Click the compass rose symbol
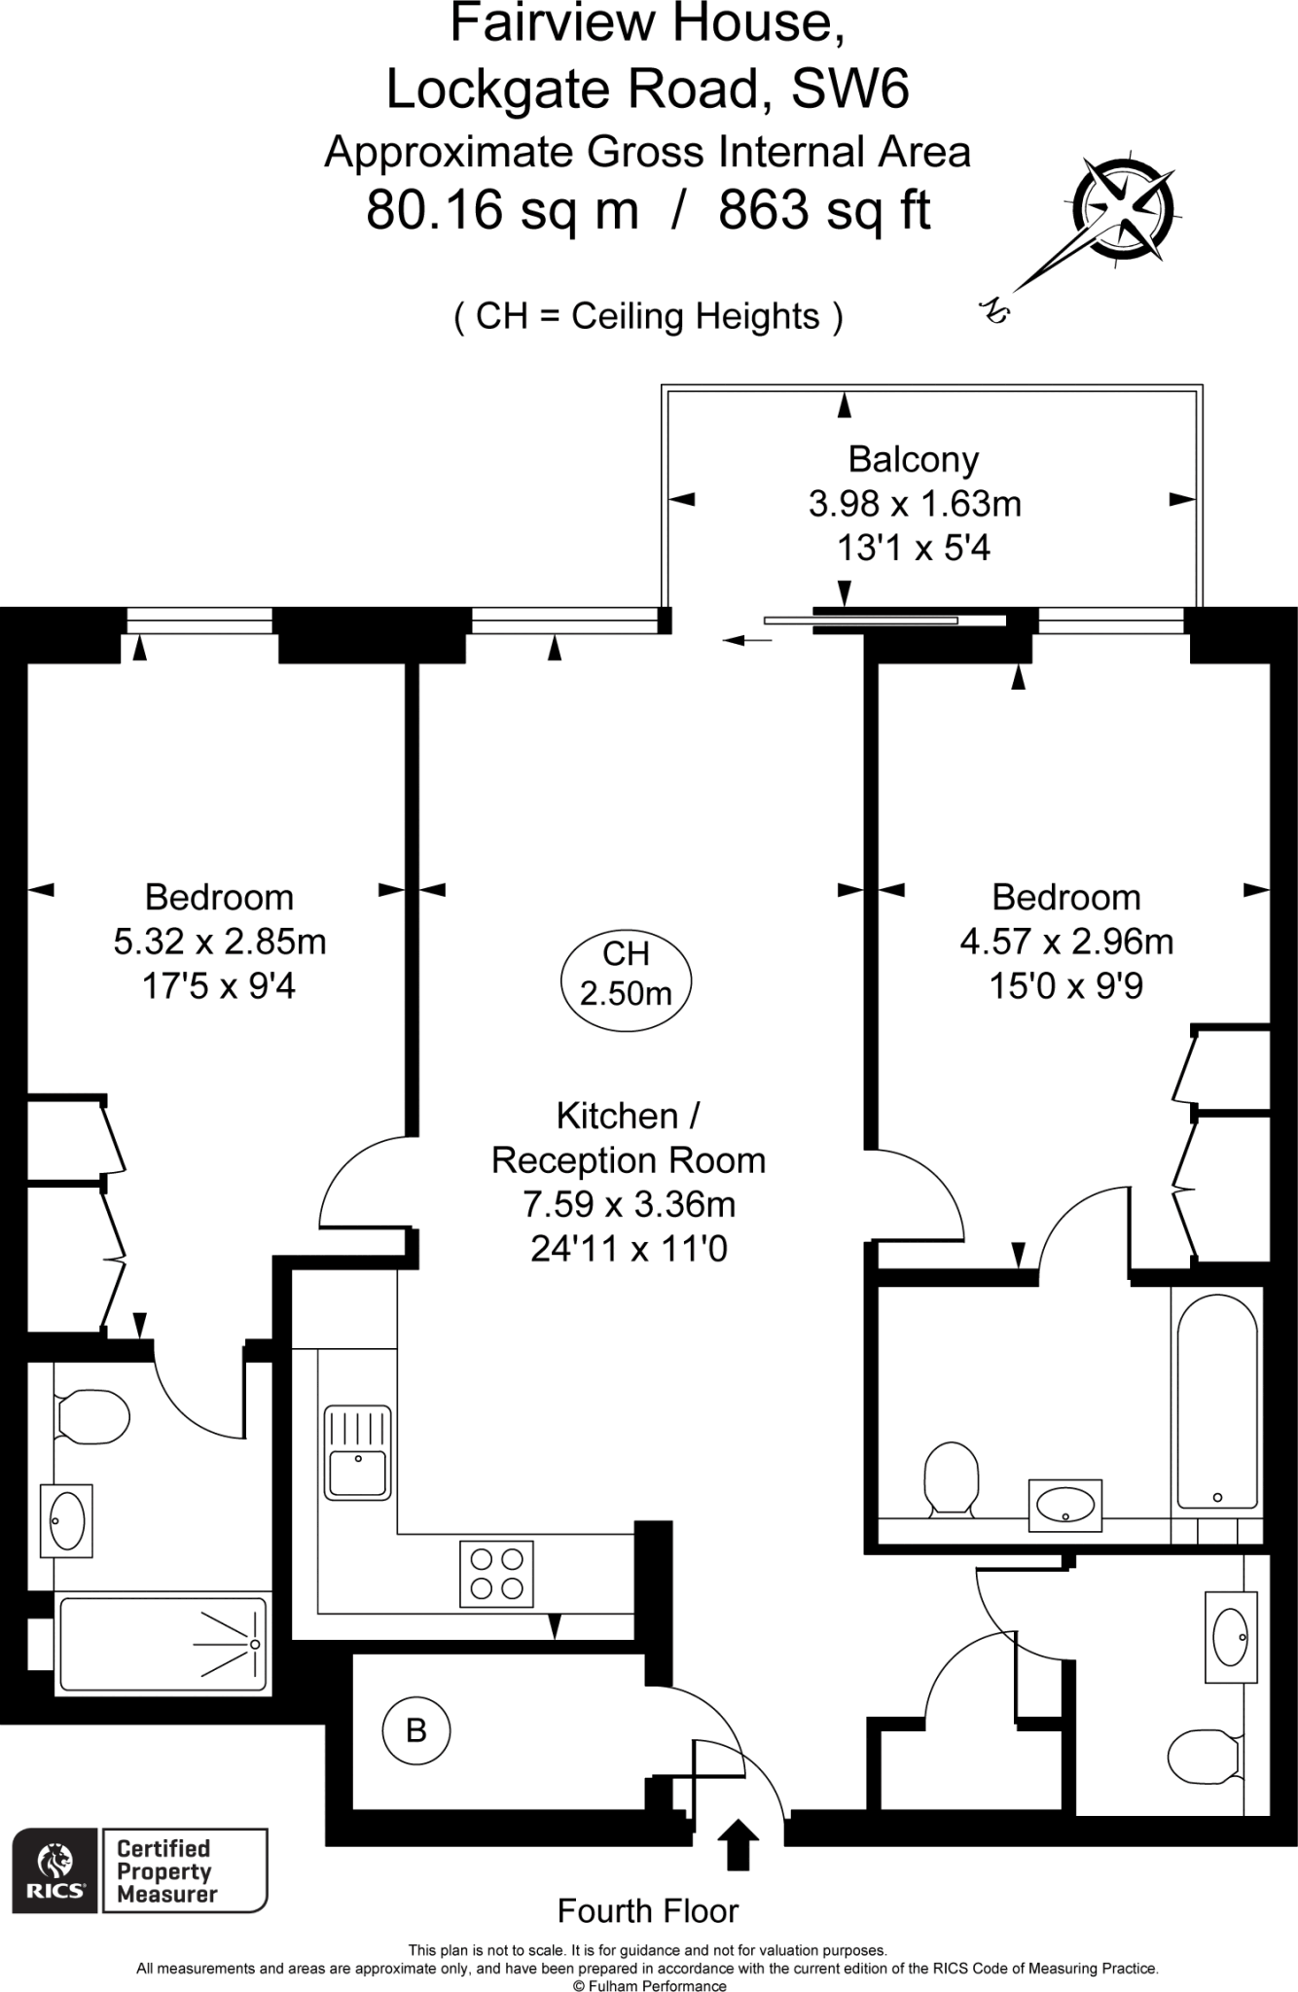(x=1125, y=208)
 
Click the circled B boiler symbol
(x=415, y=1730)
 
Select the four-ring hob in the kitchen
(x=496, y=1575)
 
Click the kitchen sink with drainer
(x=357, y=1452)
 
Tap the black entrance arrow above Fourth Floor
(x=738, y=1843)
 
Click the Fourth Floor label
(x=648, y=1910)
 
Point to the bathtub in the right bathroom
(x=1216, y=1404)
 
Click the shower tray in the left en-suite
(x=162, y=1644)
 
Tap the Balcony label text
(x=913, y=459)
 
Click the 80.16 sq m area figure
(x=502, y=209)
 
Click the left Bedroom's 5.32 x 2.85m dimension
(x=220, y=942)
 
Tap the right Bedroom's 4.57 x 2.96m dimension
(x=1066, y=942)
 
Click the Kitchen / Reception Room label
(x=629, y=1137)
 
